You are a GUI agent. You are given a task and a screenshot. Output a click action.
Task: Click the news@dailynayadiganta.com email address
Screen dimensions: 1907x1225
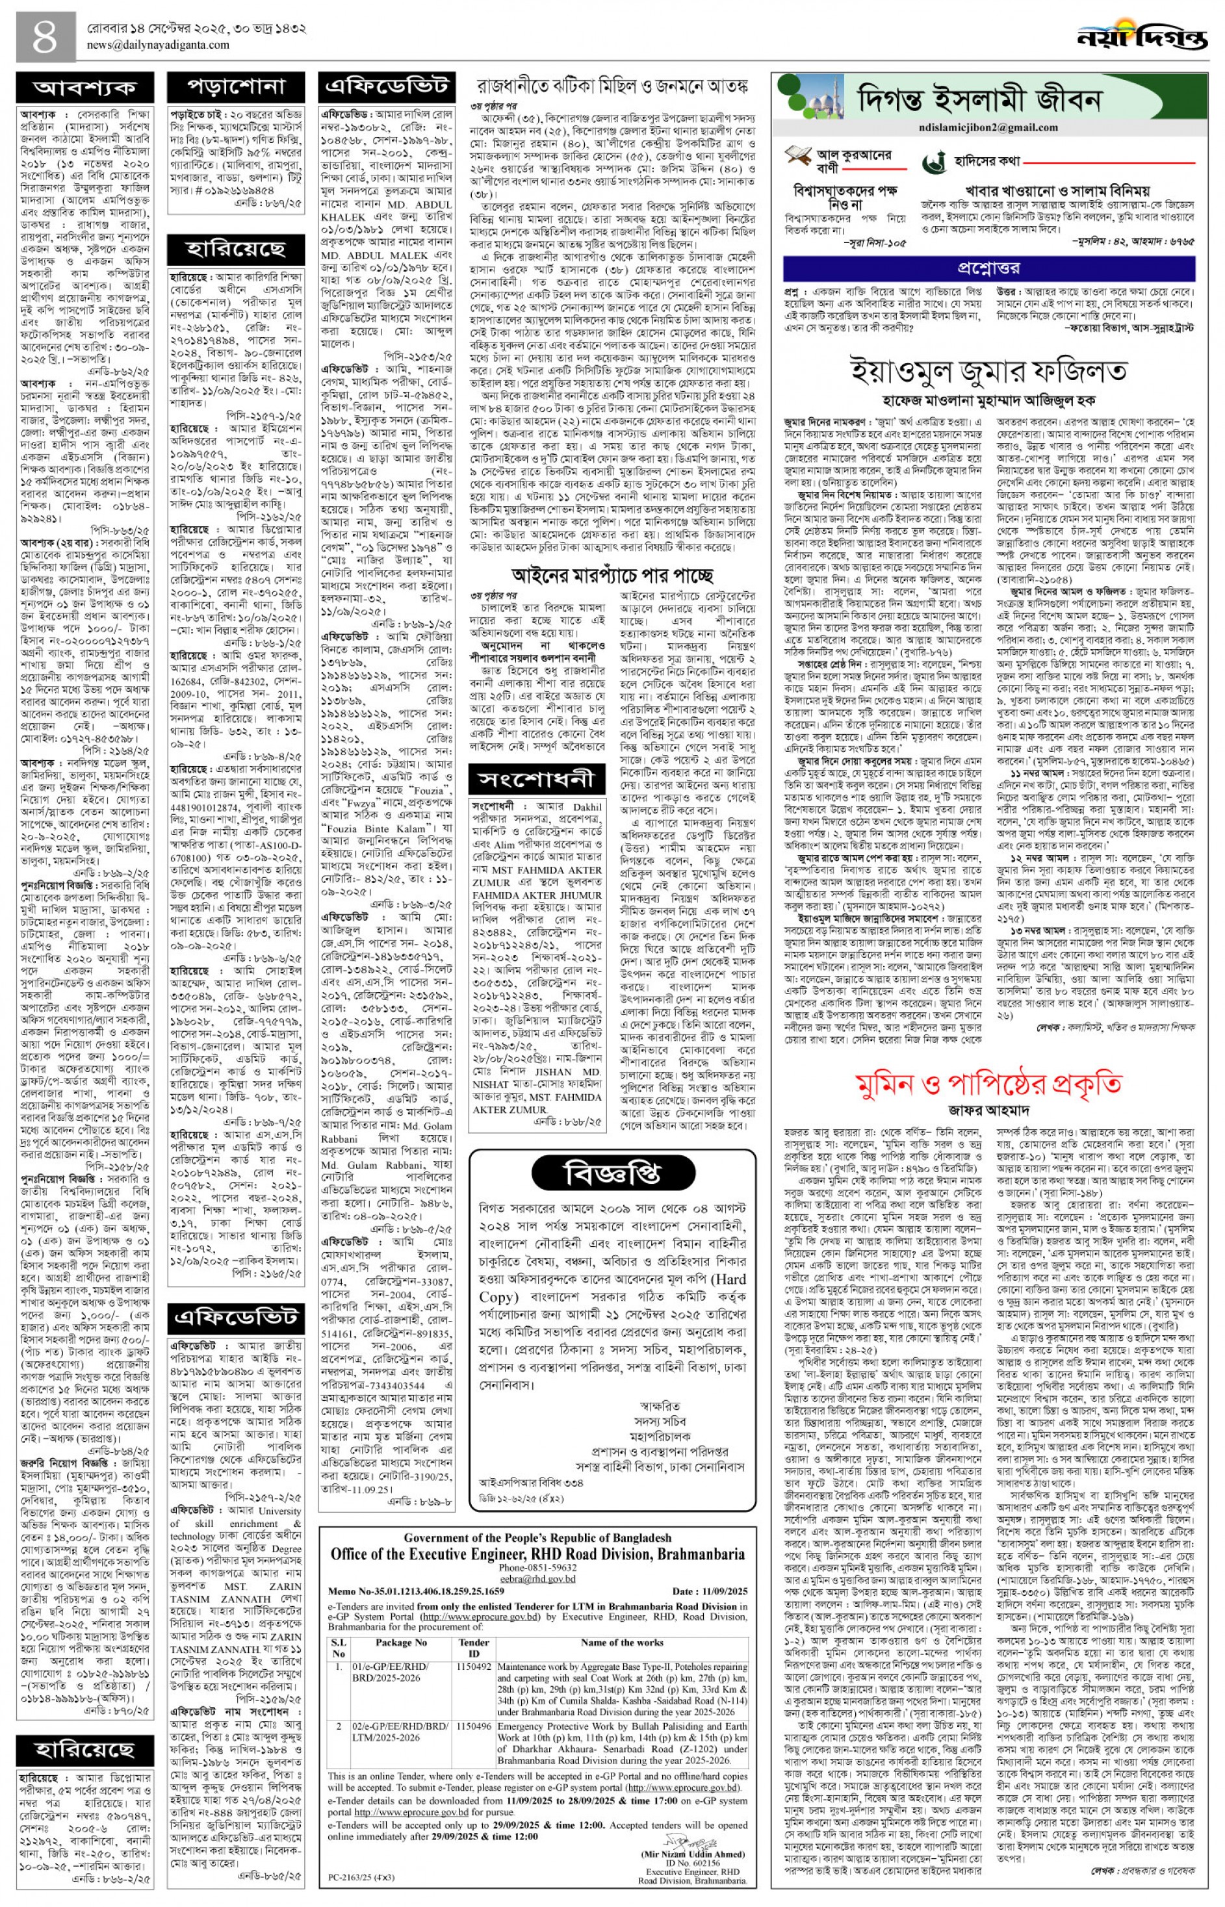[159, 45]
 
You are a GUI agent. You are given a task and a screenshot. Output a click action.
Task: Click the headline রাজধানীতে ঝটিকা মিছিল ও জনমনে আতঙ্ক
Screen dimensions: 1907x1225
[613, 84]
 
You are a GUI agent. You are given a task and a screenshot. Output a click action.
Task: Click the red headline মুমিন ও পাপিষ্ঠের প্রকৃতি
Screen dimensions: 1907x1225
[988, 1084]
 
